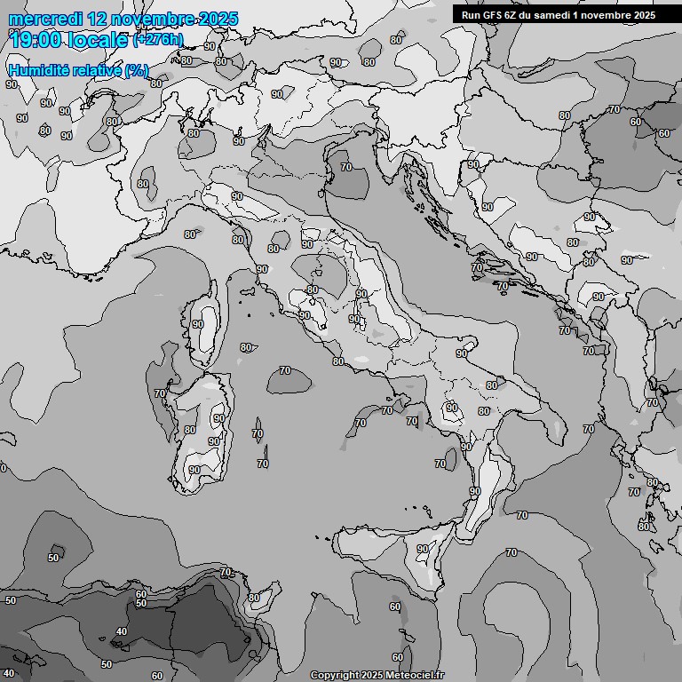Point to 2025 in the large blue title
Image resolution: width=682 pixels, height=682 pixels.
pyautogui.click(x=219, y=19)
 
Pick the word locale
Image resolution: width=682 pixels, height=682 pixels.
pyautogui.click(x=99, y=40)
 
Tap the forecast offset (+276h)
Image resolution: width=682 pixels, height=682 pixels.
pyautogui.click(x=158, y=40)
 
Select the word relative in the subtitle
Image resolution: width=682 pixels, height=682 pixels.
pyautogui.click(x=97, y=70)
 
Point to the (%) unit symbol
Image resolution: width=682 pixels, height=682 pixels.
pyautogui.click(x=136, y=70)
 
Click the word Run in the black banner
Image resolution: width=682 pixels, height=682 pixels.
pyautogui.click(x=471, y=15)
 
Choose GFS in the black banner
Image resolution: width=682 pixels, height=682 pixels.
pyautogui.click(x=494, y=15)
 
